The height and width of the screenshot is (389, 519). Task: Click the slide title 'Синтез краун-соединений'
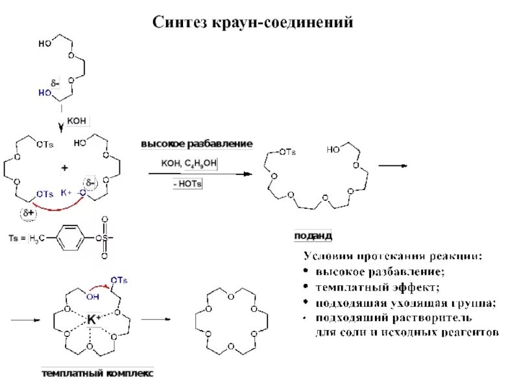click(x=253, y=23)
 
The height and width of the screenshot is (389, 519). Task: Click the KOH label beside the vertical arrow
click(x=76, y=120)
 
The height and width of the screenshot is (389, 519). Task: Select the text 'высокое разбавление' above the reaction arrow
click(x=197, y=143)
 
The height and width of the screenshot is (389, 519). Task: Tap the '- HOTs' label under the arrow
click(x=187, y=185)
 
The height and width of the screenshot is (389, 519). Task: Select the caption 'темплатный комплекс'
click(x=97, y=374)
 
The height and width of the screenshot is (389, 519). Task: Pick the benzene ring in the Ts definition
click(x=71, y=238)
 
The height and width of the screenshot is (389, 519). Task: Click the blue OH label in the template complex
click(x=93, y=297)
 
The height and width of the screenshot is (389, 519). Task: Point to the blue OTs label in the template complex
click(x=119, y=279)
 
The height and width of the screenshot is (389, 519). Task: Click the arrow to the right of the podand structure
click(x=392, y=165)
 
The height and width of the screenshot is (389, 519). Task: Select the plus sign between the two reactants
click(x=64, y=169)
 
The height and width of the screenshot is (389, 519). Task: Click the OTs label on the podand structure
click(x=287, y=152)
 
